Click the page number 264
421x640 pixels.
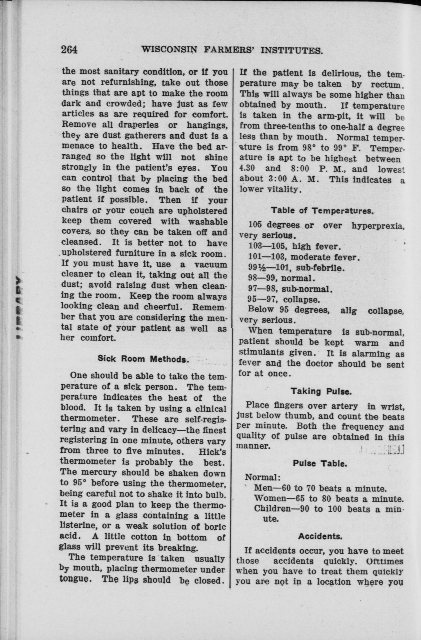tap(69, 50)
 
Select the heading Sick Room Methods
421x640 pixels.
tap(143, 359)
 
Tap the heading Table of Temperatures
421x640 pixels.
tap(322, 210)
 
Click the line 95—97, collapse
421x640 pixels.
tap(284, 299)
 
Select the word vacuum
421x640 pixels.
tap(211, 264)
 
